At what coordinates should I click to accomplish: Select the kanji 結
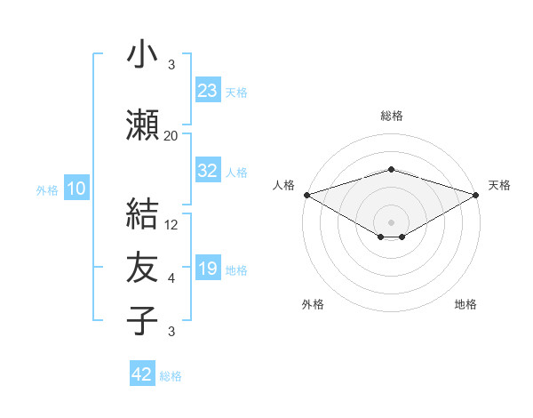point(143,216)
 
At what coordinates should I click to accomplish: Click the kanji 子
point(143,321)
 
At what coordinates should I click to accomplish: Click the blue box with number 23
point(207,90)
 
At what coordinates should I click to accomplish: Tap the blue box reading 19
point(207,268)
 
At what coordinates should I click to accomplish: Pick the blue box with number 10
point(76,188)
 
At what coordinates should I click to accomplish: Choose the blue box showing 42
point(142,374)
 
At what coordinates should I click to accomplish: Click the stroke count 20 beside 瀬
point(171,136)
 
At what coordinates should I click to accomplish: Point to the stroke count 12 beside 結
point(171,225)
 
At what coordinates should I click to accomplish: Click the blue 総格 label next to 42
point(171,376)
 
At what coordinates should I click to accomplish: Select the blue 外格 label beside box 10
point(47,189)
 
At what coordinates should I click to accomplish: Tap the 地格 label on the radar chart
point(465,304)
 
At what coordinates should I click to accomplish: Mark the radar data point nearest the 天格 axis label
point(476,194)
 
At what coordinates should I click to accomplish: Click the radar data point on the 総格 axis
point(391,169)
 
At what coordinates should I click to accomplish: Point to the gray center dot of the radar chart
point(391,221)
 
